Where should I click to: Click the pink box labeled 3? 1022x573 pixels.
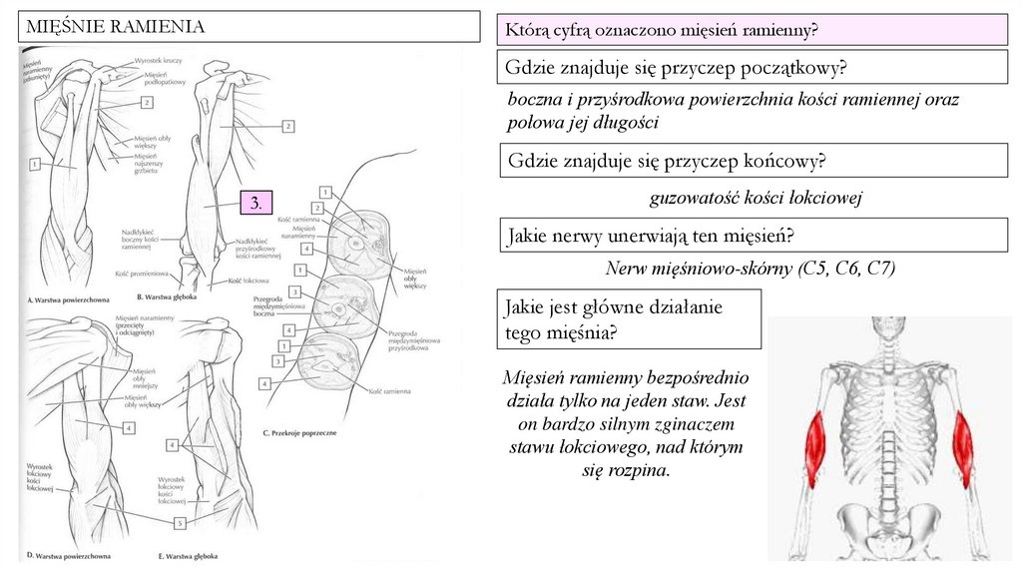[256, 203]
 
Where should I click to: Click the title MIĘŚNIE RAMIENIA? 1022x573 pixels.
[115, 27]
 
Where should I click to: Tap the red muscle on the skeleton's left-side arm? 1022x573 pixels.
[814, 448]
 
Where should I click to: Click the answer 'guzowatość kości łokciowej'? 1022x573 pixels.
[755, 198]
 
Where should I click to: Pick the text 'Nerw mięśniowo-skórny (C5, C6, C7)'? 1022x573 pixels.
[751, 269]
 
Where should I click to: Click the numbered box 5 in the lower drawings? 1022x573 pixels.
[180, 522]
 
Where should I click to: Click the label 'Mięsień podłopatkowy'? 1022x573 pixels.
[166, 79]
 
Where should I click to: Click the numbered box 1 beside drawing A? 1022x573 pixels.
[35, 163]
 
